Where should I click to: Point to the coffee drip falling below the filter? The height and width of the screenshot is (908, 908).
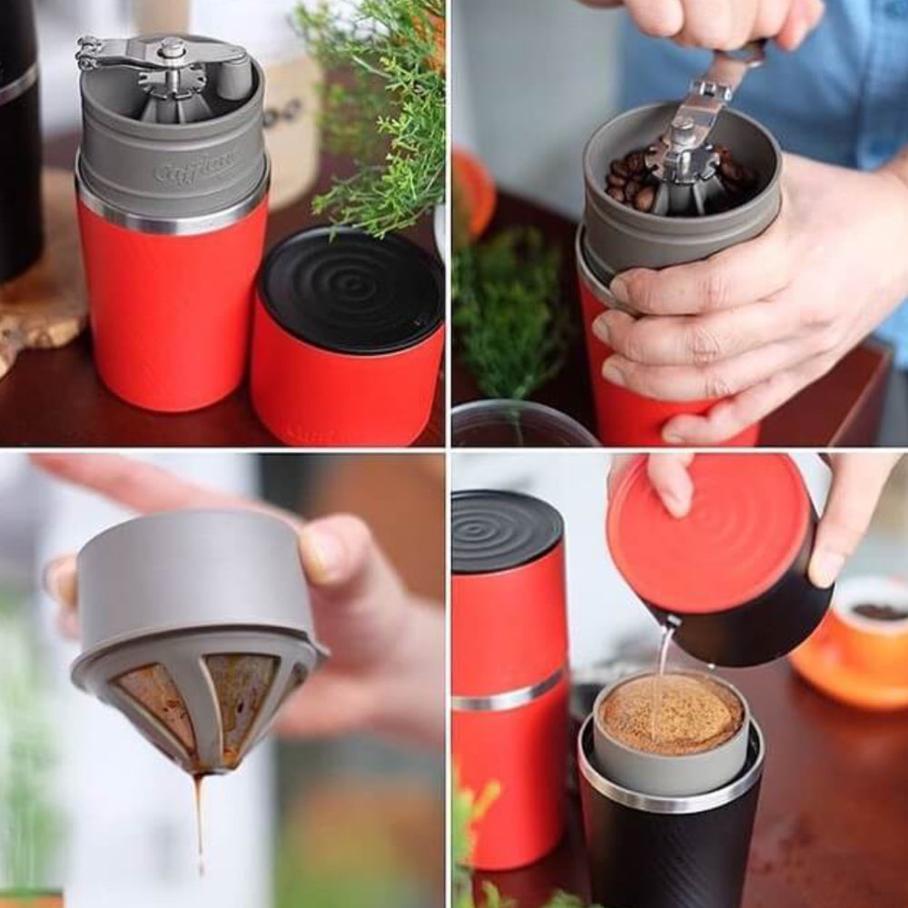click(199, 817)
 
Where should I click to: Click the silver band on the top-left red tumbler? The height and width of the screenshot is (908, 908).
click(173, 218)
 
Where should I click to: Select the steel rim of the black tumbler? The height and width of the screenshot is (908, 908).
click(672, 790)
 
